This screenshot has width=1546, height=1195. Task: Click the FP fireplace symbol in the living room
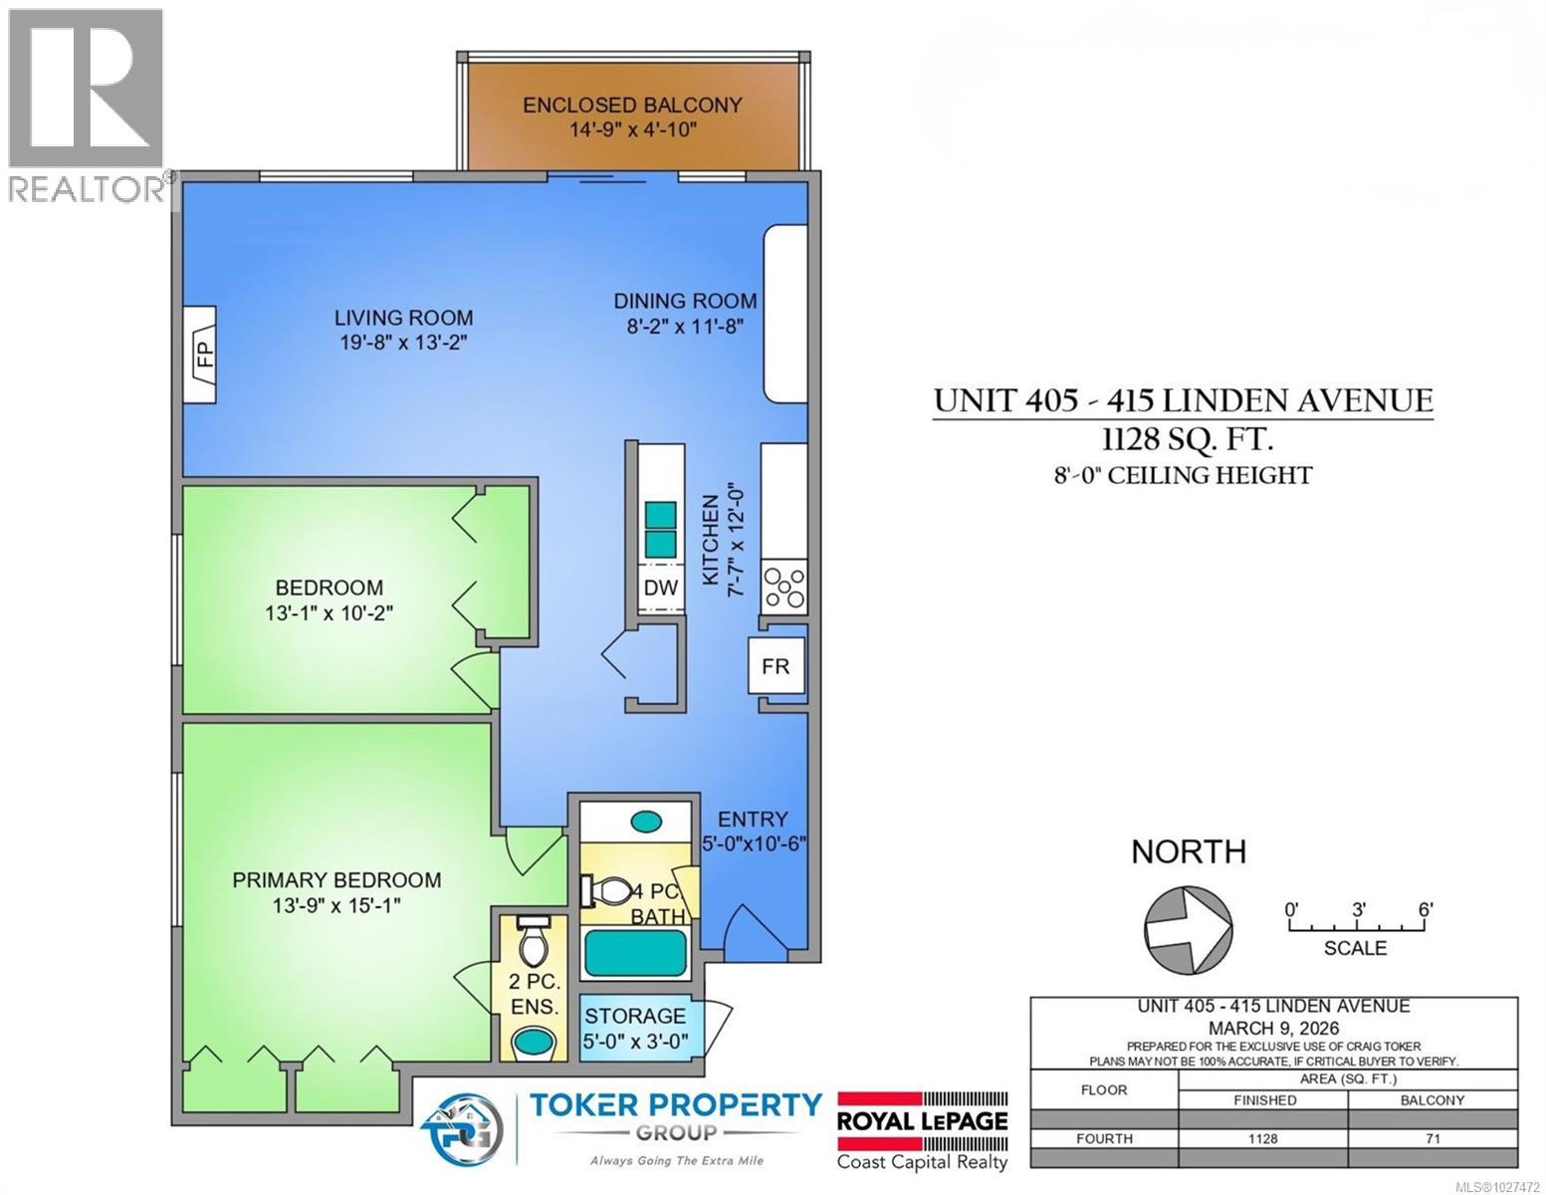pyautogui.click(x=201, y=356)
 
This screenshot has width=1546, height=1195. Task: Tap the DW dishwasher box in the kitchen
pyautogui.click(x=660, y=588)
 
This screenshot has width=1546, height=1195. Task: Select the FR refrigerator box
pyautogui.click(x=775, y=666)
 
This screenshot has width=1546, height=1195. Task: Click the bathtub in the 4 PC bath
pyautogui.click(x=635, y=953)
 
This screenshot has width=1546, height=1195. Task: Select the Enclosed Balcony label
pyautogui.click(x=632, y=105)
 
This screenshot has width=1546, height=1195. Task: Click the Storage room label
pyautogui.click(x=634, y=1016)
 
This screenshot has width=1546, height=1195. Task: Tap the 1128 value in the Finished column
pyautogui.click(x=1262, y=1138)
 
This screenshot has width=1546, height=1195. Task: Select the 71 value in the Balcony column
pyautogui.click(x=1432, y=1138)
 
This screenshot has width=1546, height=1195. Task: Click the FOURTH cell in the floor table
pyautogui.click(x=1104, y=1138)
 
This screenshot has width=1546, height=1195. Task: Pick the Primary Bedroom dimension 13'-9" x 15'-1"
pyautogui.click(x=336, y=905)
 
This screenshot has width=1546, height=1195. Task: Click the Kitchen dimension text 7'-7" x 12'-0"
pyautogui.click(x=738, y=541)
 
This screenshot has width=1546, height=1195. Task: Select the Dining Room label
pyautogui.click(x=685, y=301)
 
